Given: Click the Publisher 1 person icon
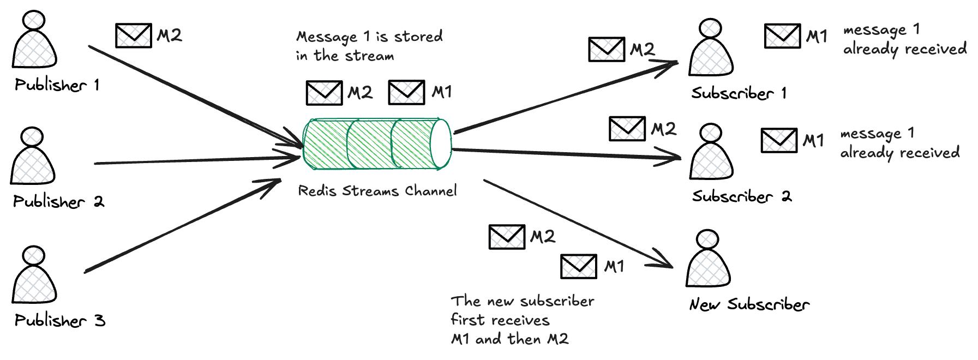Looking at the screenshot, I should (34, 41).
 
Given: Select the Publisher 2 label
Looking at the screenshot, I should (58, 202).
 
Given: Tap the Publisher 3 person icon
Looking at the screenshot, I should (34, 275).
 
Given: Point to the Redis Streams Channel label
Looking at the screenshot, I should (377, 191).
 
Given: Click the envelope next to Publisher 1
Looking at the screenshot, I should (133, 35).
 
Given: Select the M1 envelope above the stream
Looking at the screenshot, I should (406, 92).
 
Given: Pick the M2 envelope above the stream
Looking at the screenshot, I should (324, 92).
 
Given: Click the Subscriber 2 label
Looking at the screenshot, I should (741, 196).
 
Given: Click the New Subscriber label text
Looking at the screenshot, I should (749, 304).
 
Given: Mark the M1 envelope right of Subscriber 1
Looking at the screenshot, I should (782, 36).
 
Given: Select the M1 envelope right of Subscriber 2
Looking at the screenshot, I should (779, 140).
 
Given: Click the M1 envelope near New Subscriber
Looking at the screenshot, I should (578, 266).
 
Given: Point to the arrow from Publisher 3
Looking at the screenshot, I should (180, 226).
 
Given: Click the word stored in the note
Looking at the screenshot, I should (418, 37).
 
